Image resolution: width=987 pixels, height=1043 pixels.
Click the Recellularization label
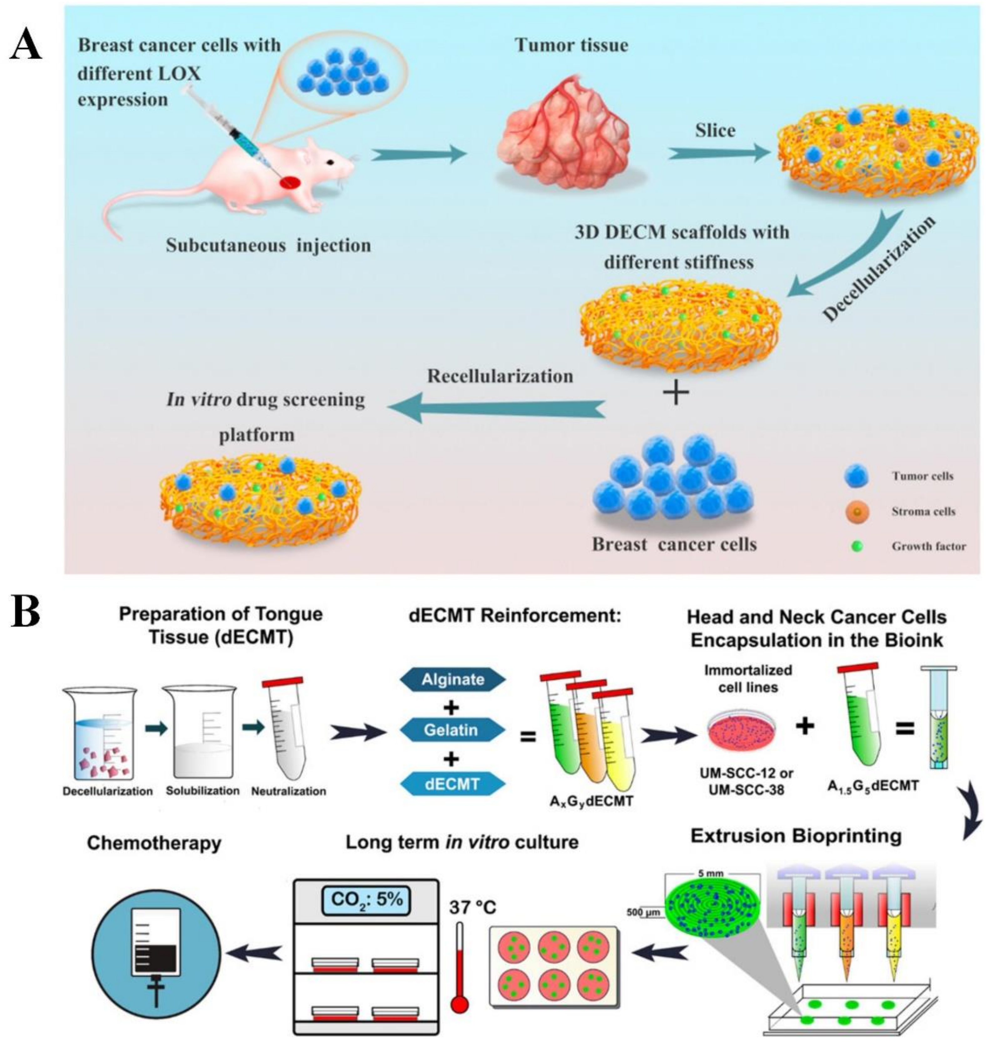[x=500, y=376]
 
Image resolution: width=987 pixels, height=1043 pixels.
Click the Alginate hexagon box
[x=453, y=679]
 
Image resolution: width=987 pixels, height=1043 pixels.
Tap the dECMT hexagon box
[x=453, y=784]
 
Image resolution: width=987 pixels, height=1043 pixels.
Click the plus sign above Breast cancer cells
[x=676, y=393]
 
